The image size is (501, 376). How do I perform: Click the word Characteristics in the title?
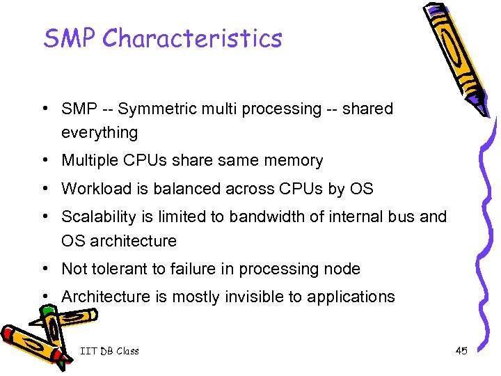pos(192,38)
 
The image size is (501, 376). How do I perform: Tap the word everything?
pos(100,132)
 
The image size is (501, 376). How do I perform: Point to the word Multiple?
pos(89,161)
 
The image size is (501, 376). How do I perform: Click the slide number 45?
pos(461,351)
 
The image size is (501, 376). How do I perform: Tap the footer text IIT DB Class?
pos(109,351)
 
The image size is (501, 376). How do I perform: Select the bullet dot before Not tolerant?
pos(44,269)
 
